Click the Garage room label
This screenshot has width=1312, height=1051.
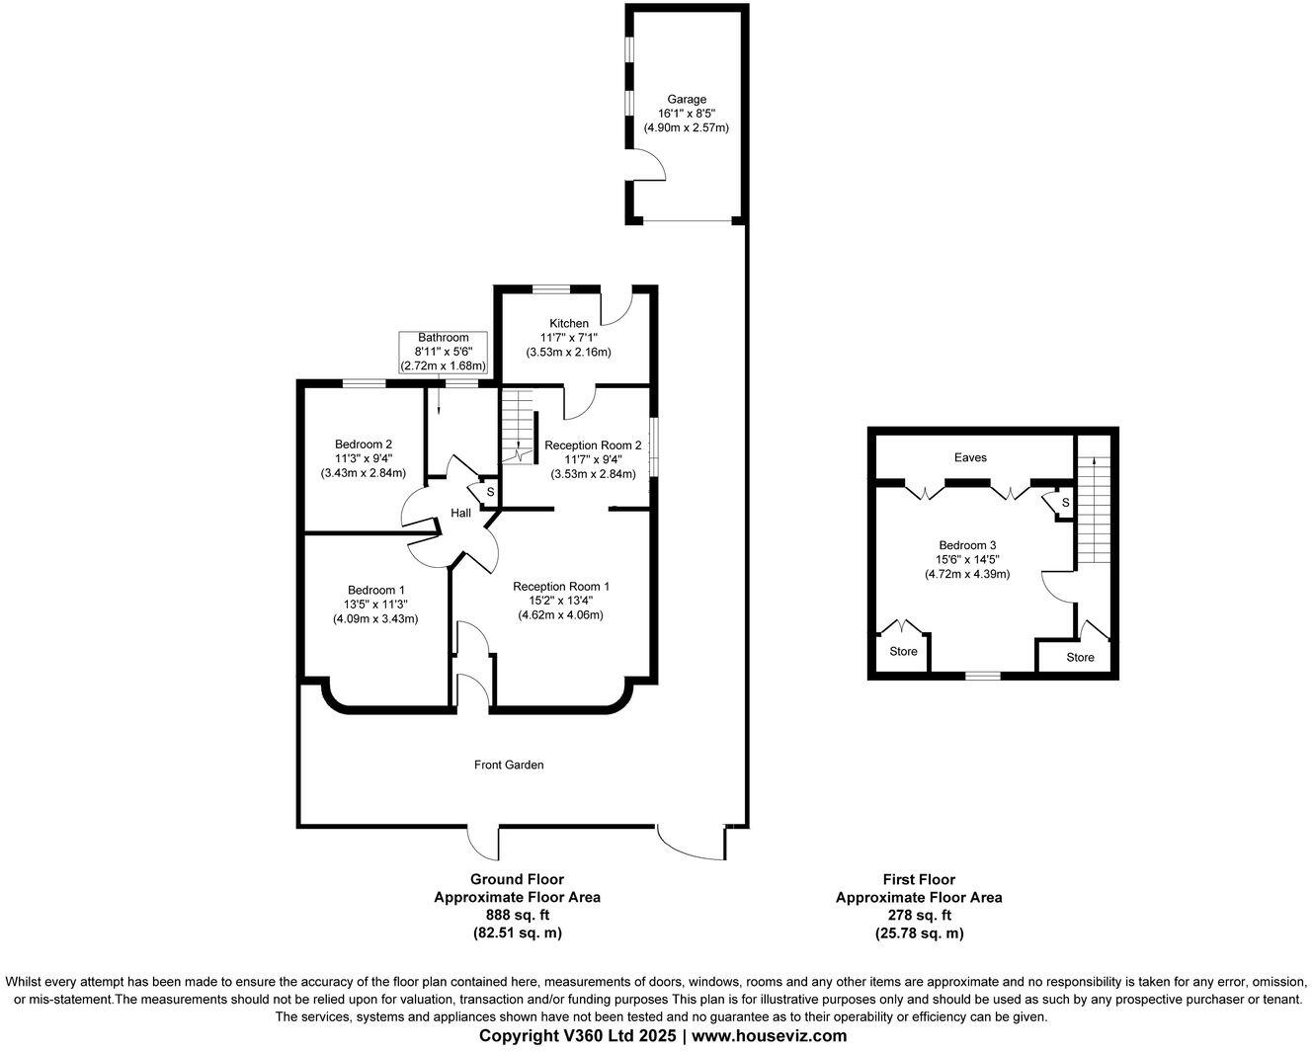(x=687, y=99)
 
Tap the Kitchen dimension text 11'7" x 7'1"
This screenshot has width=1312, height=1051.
(x=568, y=337)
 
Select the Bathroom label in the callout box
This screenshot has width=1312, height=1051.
(x=444, y=337)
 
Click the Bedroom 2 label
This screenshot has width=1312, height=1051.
(x=364, y=445)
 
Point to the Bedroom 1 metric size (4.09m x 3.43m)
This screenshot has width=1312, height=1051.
(x=375, y=619)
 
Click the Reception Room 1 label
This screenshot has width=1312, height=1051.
(x=561, y=587)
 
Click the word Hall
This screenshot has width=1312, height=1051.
(x=461, y=514)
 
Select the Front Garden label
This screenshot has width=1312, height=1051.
(x=509, y=766)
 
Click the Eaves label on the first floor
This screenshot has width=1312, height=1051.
(x=970, y=457)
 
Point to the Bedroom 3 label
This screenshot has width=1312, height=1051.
(x=967, y=545)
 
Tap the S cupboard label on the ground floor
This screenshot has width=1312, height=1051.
(x=490, y=492)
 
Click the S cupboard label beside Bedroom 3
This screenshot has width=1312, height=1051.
(x=1066, y=503)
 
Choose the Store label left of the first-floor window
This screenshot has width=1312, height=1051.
(x=904, y=652)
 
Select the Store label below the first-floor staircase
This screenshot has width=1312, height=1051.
(x=1081, y=658)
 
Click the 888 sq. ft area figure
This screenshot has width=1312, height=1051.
(x=518, y=915)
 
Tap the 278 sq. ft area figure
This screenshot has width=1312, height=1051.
(x=920, y=915)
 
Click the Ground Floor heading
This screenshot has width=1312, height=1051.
(x=517, y=879)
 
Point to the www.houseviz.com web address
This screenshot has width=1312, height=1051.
(x=770, y=1036)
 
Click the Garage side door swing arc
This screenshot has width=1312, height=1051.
(x=658, y=162)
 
